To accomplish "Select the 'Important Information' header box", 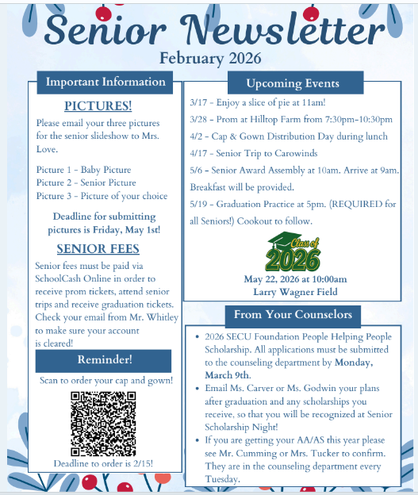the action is (x=105, y=82).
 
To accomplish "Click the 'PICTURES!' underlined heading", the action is (x=98, y=106).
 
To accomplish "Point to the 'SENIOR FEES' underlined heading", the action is (x=98, y=248).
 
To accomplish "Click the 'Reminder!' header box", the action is (x=104, y=360).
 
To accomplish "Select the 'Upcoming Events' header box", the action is (x=293, y=83).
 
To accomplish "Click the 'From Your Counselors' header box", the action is (x=293, y=315).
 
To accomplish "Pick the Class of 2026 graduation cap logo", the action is (x=294, y=252).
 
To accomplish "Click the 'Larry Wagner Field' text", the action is (x=295, y=292).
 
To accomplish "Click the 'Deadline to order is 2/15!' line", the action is (x=104, y=463).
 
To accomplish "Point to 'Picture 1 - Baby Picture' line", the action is (x=84, y=170).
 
